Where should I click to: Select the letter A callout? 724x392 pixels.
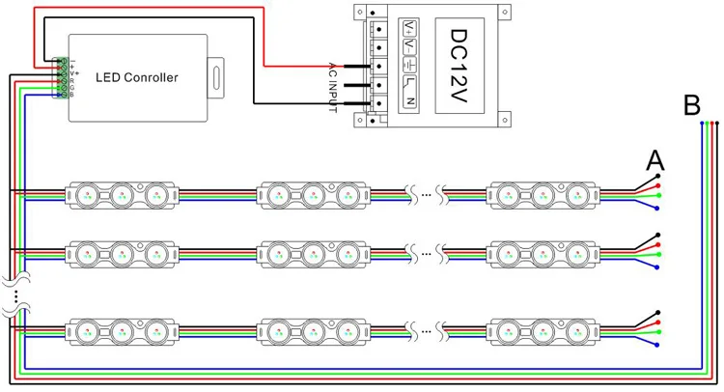click(x=655, y=159)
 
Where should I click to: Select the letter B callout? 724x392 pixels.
click(x=691, y=104)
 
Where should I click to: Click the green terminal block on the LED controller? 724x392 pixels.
click(x=64, y=77)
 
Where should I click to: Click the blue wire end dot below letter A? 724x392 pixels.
click(x=656, y=208)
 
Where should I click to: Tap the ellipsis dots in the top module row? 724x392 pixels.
click(x=427, y=195)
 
